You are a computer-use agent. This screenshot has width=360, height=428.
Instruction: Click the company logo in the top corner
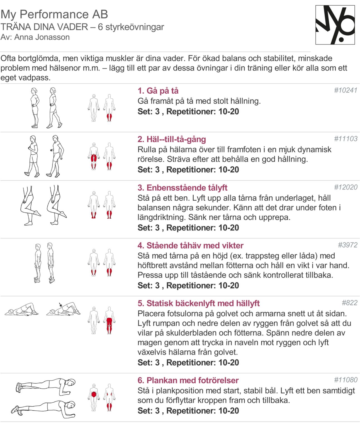(335, 25)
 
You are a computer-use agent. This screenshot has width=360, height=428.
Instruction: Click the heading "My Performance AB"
(54, 14)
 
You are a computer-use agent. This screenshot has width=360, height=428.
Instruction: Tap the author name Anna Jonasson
(42, 37)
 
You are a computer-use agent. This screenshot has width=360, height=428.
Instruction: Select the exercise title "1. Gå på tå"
(158, 91)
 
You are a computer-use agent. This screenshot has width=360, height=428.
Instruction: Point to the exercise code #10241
(346, 90)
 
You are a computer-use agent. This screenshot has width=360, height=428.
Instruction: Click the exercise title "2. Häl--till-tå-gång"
(172, 139)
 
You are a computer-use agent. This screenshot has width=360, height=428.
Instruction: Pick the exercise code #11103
(346, 139)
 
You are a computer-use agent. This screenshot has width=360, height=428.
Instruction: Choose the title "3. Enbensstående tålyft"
(182, 188)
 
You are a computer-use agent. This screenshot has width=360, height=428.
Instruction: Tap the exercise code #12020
(346, 187)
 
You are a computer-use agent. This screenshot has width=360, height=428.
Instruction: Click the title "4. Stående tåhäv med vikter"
(191, 245)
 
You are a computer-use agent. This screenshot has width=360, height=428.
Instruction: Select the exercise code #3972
(348, 245)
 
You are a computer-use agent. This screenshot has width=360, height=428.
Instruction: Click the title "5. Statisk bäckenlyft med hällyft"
(198, 303)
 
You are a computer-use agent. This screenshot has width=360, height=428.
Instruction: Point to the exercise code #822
(349, 303)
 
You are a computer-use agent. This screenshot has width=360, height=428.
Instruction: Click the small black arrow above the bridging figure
(60, 305)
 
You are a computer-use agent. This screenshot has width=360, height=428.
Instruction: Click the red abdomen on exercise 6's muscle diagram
(94, 394)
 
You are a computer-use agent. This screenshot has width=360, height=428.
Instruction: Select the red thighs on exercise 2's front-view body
(94, 158)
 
